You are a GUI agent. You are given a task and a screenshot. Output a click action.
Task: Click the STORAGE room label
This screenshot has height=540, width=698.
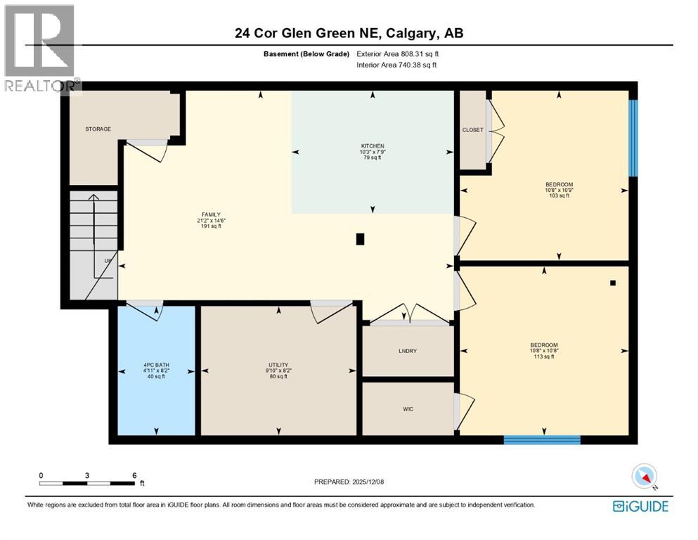(98, 129)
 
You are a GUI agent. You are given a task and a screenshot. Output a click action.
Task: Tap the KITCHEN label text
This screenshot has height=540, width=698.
(372, 146)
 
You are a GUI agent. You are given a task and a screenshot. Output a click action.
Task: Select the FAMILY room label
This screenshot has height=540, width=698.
(211, 214)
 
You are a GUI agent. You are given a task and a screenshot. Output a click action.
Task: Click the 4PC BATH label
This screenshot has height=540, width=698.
(155, 365)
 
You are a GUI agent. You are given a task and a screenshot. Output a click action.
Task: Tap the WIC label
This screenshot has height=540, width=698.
(408, 409)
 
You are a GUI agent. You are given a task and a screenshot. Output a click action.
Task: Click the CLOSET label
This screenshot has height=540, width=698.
(472, 129)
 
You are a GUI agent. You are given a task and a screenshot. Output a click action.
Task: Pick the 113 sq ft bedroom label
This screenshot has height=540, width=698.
(543, 350)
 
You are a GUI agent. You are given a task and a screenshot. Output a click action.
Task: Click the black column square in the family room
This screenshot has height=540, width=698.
(361, 239)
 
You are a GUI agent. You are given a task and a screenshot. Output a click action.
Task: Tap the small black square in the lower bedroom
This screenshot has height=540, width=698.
(613, 283)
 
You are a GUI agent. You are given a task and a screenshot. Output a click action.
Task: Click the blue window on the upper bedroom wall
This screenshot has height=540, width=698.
(633, 138)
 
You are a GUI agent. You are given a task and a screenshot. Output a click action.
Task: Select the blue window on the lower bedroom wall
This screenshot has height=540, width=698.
(542, 440)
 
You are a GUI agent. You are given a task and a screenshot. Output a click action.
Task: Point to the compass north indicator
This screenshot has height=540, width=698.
(645, 477)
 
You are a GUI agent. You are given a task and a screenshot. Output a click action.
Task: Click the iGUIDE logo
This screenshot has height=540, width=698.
(640, 506)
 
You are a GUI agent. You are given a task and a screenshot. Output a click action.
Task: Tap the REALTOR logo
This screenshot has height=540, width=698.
(40, 49)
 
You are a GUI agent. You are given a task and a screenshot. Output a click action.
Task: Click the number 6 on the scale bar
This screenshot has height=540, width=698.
(134, 475)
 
